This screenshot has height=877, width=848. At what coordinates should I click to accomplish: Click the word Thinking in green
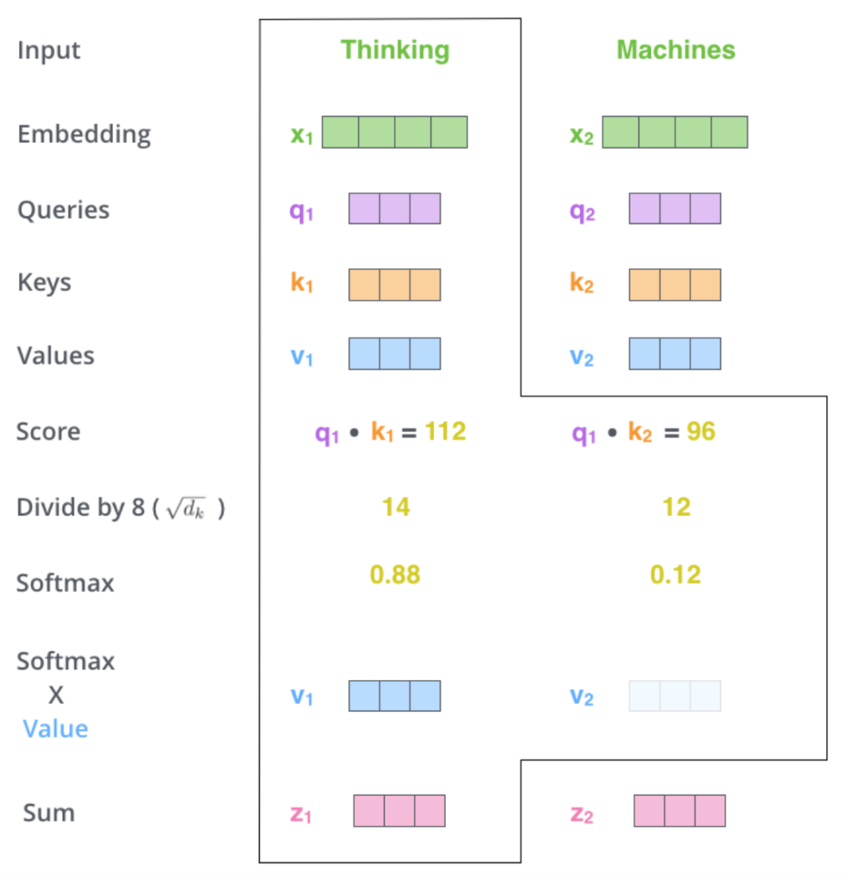coord(395,51)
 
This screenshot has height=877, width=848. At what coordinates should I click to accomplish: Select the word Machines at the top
coord(676,49)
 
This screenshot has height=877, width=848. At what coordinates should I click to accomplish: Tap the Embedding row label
coord(84,135)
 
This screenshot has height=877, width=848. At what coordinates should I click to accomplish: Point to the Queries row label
coord(64,210)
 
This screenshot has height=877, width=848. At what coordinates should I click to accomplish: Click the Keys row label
coord(44,283)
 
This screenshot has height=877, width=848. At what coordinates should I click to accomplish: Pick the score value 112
coord(445,431)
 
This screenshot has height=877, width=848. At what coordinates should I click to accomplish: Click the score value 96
coord(701,431)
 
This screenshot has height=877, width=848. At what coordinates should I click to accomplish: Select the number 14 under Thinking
coord(396,506)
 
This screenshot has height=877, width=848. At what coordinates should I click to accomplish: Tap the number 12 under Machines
coord(676,506)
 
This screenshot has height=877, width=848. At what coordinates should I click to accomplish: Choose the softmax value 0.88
coord(395,575)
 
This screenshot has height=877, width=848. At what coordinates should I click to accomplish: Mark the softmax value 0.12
coord(675,575)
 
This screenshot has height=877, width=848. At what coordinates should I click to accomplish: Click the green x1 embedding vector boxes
coord(394,132)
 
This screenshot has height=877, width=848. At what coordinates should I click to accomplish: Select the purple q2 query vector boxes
coord(674,209)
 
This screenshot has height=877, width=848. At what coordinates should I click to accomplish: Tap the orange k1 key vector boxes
coord(394,285)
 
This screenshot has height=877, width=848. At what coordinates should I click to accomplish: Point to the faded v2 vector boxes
coord(674,696)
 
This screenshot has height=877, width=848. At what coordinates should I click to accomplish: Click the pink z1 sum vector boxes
coord(400,810)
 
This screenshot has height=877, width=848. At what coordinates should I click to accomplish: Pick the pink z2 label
coord(582,814)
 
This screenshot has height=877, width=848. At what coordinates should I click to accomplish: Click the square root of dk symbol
coord(186,508)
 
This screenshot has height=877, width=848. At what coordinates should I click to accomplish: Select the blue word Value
coord(56,729)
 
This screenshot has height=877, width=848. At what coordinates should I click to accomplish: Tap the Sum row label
coord(49,813)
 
